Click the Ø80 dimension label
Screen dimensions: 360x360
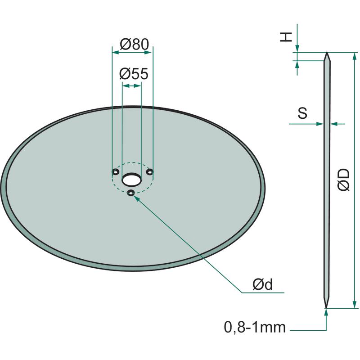[134, 44]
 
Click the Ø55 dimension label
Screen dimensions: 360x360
[134, 74]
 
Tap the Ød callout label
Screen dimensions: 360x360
[263, 284]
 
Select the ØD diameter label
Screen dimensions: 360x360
[344, 180]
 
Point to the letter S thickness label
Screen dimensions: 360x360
[302, 113]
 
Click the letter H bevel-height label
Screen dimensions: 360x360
[286, 37]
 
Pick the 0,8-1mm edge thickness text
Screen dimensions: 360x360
[255, 327]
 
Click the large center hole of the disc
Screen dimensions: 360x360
[131, 179]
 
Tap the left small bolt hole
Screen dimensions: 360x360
[115, 171]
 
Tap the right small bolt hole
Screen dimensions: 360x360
[150, 171]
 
